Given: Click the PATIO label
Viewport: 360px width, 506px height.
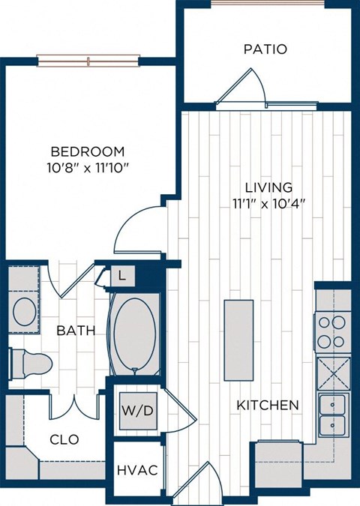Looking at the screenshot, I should tap(265, 49).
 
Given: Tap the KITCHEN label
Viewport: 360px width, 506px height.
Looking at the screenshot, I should tap(268, 405).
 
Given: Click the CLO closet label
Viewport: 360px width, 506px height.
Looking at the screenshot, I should tap(64, 439).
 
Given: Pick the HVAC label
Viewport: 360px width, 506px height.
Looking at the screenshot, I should tap(136, 471).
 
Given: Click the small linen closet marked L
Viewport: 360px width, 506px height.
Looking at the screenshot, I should tap(121, 276).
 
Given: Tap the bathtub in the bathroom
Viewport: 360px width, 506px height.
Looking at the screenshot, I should tap(134, 333).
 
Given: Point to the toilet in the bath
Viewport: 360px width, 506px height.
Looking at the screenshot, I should tap(30, 364).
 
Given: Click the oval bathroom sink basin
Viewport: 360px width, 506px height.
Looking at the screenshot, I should tap(25, 310).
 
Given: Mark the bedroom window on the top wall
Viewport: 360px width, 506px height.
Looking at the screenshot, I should tap(88, 60).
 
